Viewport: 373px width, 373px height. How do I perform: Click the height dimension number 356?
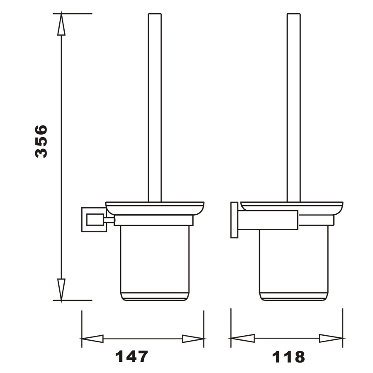41,141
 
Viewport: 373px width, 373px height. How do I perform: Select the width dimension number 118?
288,356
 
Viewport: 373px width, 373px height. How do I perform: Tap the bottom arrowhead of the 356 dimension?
61,289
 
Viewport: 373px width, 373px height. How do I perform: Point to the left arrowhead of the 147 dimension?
92,339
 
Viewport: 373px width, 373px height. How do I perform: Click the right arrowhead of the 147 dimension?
193,339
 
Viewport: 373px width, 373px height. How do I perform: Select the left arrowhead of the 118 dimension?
242,339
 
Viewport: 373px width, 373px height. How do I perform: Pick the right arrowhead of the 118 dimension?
331,339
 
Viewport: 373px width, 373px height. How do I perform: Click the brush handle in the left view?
155,108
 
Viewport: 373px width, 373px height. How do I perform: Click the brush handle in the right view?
293,108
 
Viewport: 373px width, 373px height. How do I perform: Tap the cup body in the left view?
155,261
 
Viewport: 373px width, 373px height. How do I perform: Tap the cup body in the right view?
293,261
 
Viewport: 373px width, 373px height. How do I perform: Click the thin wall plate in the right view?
234,220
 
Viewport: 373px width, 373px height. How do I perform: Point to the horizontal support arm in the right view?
268,220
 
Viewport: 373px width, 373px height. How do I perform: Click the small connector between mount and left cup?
109,220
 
